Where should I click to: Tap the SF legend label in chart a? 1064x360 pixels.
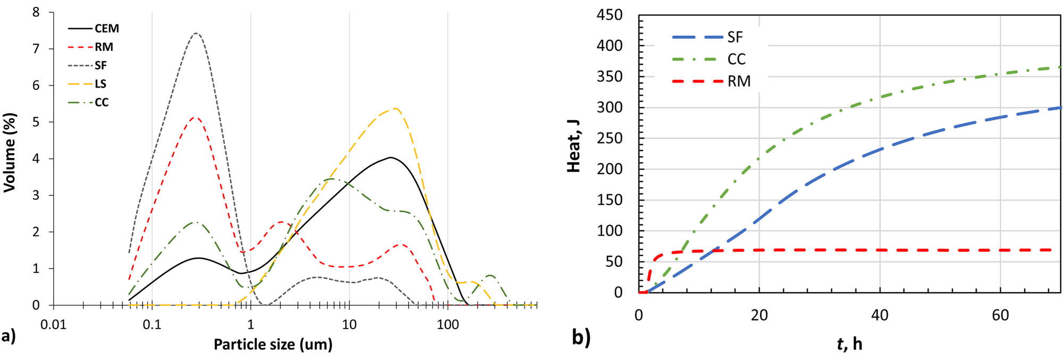coord(101,65)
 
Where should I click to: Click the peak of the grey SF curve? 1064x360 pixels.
coord(196,34)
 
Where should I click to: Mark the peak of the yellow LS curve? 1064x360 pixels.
coord(395,108)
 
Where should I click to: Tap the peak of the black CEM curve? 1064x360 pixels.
coord(390,157)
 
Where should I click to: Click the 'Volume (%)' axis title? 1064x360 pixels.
coord(10,153)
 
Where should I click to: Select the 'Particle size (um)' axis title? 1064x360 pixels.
coord(273,345)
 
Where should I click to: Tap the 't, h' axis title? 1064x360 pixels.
coord(849,345)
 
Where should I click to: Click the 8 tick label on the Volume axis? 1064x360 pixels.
coord(36,12)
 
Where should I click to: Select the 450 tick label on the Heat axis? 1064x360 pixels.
coord(609,15)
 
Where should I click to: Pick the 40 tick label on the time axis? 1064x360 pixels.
coord(879,315)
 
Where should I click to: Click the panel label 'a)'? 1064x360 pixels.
coord(9,336)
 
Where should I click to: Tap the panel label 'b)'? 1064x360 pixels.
coord(581,337)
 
